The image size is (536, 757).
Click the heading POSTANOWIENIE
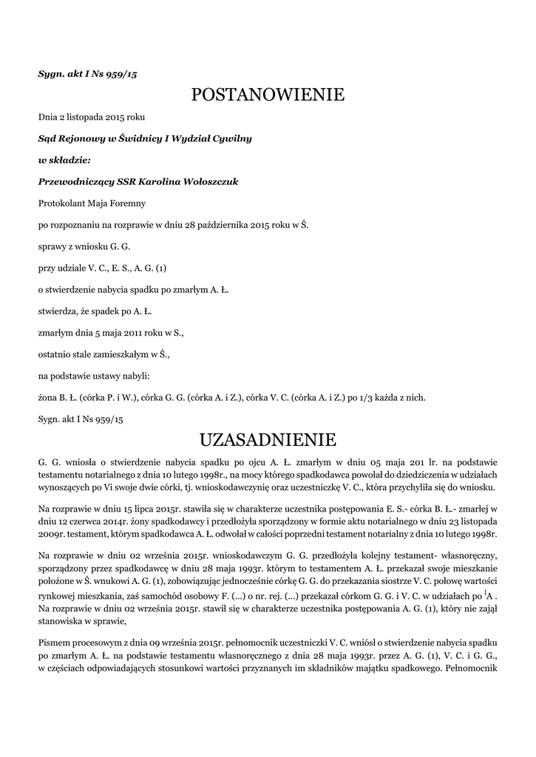tap(268, 95)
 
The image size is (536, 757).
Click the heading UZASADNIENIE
tap(268, 441)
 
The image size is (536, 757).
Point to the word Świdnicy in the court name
tap(128, 138)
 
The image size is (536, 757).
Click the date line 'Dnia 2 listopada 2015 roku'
tap(92, 117)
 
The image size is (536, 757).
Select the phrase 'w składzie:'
tap(64, 160)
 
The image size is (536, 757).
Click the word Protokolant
tap(61, 203)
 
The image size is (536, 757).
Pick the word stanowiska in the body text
tap(62, 622)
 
